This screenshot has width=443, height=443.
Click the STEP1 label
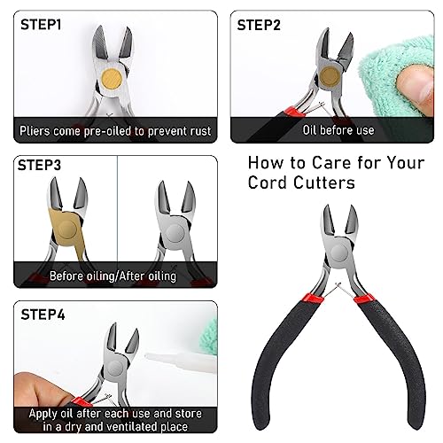[x=41, y=25]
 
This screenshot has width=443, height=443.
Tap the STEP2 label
[x=259, y=25]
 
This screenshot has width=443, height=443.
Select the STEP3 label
[x=39, y=165]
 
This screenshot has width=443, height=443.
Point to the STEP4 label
[x=43, y=315]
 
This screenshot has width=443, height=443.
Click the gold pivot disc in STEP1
[x=112, y=80]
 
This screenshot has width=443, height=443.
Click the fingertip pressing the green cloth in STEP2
[x=414, y=87]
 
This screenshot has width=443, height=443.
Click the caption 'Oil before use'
[x=338, y=130]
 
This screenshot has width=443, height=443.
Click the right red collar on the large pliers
[x=364, y=299]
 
